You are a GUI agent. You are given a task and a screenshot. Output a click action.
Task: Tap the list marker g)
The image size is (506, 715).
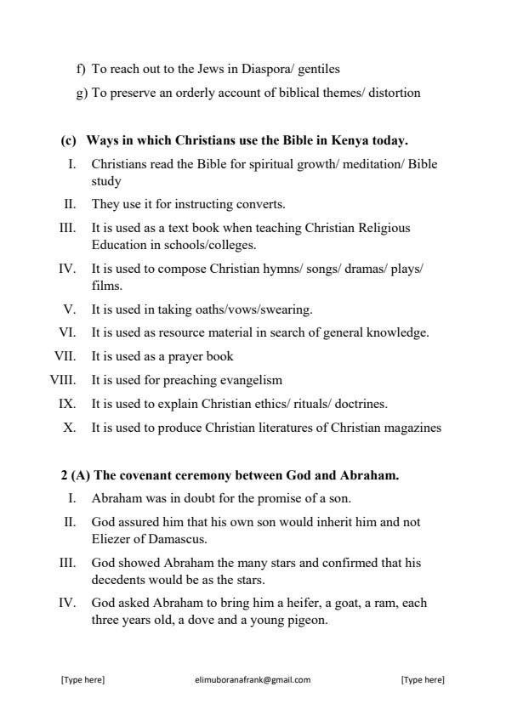click(82, 93)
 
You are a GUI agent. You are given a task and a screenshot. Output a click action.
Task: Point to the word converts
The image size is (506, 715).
click(238, 204)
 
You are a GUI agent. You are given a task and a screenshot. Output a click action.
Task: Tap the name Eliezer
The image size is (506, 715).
click(112, 538)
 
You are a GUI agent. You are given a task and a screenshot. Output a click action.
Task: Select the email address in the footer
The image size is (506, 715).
click(253, 679)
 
